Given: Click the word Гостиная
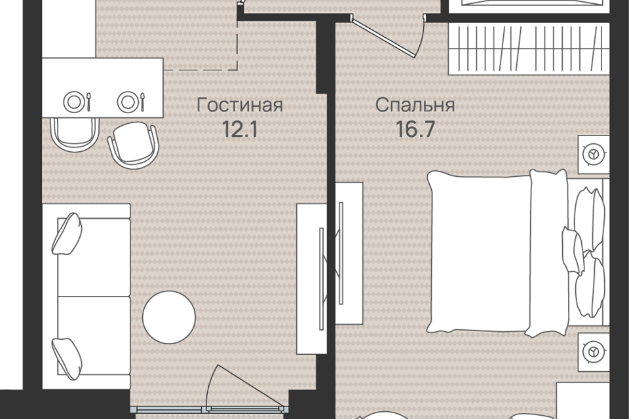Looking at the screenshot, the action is tap(240, 105).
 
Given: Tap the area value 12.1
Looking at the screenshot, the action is tap(240, 130).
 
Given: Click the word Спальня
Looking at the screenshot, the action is tap(415, 105).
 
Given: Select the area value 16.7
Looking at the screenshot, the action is tap(415, 129).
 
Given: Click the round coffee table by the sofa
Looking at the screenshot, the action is tap(169, 317).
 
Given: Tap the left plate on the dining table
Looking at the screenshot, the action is tap(73, 101).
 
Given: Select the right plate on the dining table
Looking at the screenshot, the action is tap(128, 101).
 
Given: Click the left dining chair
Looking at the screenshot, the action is tap(75, 135).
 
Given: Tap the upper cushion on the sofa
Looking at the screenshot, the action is tap(67, 234).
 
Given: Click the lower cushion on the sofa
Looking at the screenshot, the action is tap(67, 359).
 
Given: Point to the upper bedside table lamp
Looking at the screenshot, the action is tap(594, 154).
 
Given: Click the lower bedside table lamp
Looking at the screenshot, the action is tap(594, 352).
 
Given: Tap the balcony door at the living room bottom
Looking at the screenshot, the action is tap(208, 409).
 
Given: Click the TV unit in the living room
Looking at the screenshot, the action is tap(311, 279).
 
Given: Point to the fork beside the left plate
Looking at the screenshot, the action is tap(88, 102).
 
